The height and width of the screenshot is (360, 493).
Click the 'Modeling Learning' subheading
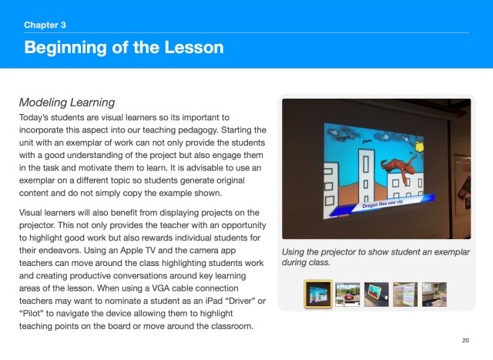pyautogui.click(x=66, y=102)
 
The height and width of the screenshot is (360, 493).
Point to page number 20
pyautogui.click(x=465, y=340)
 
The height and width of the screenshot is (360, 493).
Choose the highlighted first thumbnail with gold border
pyautogui.click(x=318, y=293)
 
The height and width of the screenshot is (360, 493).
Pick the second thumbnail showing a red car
pyautogui.click(x=347, y=293)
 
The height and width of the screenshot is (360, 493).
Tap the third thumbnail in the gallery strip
pyautogui.click(x=376, y=293)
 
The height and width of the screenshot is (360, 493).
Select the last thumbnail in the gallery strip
pyautogui.click(x=433, y=293)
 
